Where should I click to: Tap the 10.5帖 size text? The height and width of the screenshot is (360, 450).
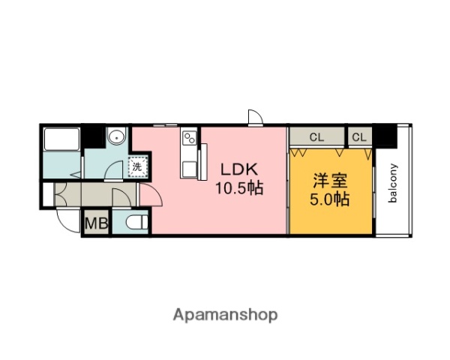click(239, 188)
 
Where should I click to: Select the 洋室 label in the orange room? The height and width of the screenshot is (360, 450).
click(330, 181)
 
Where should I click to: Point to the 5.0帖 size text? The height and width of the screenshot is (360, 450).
click(330, 199)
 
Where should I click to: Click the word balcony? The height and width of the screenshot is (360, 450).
click(392, 183)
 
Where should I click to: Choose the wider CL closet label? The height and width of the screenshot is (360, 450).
click(316, 137)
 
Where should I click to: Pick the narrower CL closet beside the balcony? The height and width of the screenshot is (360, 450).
click(359, 137)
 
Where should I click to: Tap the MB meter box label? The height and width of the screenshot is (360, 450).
click(95, 223)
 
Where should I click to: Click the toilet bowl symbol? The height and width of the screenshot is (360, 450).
click(135, 222)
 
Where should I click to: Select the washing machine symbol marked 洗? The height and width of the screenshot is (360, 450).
click(137, 166)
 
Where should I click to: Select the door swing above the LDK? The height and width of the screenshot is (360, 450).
click(254, 117)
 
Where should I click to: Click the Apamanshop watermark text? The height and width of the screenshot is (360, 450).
click(226, 314)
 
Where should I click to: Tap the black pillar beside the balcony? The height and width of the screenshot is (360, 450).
click(385, 136)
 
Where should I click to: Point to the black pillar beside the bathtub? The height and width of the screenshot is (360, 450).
click(93, 136)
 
